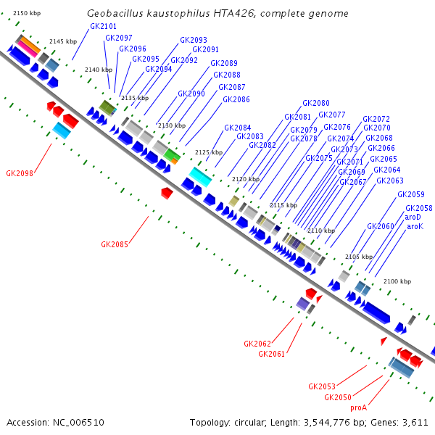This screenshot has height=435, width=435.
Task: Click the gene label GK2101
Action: pyautogui.click(x=103, y=26)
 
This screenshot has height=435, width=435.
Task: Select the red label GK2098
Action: pyautogui.click(x=20, y=173)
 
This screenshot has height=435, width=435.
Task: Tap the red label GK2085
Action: pyautogui.click(x=115, y=244)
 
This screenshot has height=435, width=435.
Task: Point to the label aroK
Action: pyautogui.click(x=415, y=226)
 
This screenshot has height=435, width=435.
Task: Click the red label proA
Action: pyautogui.click(x=359, y=407)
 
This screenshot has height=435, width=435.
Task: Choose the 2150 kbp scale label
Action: pyautogui.click(x=26, y=14)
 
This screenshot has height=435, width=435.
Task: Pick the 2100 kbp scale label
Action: pyautogui.click(x=397, y=281)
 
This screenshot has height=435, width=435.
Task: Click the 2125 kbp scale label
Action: pyautogui.click(x=209, y=152)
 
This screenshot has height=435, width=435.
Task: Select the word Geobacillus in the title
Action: pyautogui.click(x=115, y=14)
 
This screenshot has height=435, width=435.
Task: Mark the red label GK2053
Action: pyautogui.click(x=322, y=386)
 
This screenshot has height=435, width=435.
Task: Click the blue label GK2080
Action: pyautogui.click(x=316, y=103)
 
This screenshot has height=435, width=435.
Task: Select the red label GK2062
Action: pyautogui.click(x=257, y=343)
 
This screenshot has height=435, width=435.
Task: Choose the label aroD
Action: pyautogui.click(x=413, y=217)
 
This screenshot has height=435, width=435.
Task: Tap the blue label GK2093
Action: pyautogui.click(x=194, y=40)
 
